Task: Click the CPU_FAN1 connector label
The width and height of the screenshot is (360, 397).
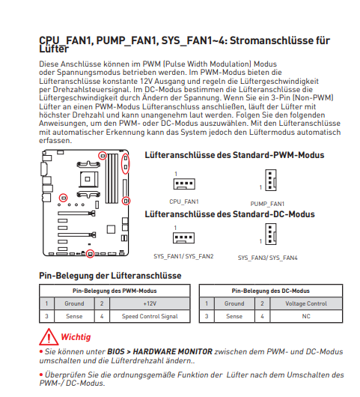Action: [184, 201]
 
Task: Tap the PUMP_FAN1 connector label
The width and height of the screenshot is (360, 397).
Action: [267, 204]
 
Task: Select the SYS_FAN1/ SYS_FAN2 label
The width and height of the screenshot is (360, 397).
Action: [183, 256]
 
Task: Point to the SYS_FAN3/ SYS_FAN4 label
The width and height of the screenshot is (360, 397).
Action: [267, 258]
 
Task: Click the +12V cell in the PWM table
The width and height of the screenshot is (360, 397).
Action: [150, 303]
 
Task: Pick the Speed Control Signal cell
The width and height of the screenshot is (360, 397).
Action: [150, 316]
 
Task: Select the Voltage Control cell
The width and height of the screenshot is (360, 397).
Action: [306, 303]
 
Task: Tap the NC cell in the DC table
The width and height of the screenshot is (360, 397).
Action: [306, 316]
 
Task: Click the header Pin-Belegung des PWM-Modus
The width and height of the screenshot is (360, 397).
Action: [115, 291]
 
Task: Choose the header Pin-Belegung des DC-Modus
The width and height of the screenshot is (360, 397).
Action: [271, 291]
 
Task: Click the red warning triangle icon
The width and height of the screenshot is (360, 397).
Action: [49, 337]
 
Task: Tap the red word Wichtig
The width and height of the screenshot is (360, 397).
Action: [76, 337]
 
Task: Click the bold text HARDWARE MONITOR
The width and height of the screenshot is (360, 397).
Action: [173, 351]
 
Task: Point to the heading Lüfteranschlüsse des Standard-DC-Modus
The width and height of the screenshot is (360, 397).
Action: [230, 214]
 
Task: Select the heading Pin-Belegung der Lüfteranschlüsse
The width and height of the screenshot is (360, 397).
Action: [110, 276]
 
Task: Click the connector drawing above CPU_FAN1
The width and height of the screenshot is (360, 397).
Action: [184, 184]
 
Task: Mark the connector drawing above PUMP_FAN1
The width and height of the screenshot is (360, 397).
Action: [271, 180]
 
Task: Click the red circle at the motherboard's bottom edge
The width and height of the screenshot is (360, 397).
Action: [90, 253]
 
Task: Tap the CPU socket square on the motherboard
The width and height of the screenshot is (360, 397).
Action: [88, 179]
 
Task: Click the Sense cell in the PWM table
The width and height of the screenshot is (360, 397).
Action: [74, 316]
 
